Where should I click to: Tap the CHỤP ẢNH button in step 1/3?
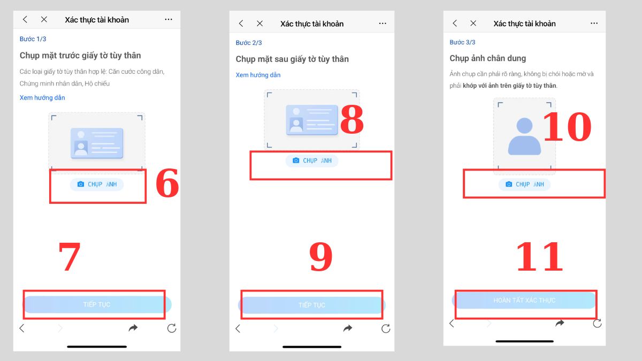click(97, 184)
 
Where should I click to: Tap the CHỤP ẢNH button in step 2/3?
click(312, 160)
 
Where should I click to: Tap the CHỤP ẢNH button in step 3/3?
click(524, 184)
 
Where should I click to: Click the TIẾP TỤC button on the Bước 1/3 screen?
click(97, 304)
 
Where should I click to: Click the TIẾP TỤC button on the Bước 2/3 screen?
click(312, 305)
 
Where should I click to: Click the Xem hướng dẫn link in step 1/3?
click(42, 98)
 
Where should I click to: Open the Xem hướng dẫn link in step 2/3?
click(258, 75)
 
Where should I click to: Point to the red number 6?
click(167, 183)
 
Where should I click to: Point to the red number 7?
click(70, 256)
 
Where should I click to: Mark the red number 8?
click(352, 119)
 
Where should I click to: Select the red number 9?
click(320, 256)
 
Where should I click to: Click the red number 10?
click(567, 126)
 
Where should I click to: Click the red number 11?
click(539, 256)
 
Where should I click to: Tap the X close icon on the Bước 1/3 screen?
click(44, 19)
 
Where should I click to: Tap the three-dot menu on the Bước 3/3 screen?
click(594, 23)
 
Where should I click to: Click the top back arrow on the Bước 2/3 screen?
click(241, 24)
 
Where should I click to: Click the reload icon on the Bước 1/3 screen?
click(172, 328)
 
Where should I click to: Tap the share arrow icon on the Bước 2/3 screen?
click(348, 328)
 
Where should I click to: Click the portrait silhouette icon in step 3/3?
click(524, 136)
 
